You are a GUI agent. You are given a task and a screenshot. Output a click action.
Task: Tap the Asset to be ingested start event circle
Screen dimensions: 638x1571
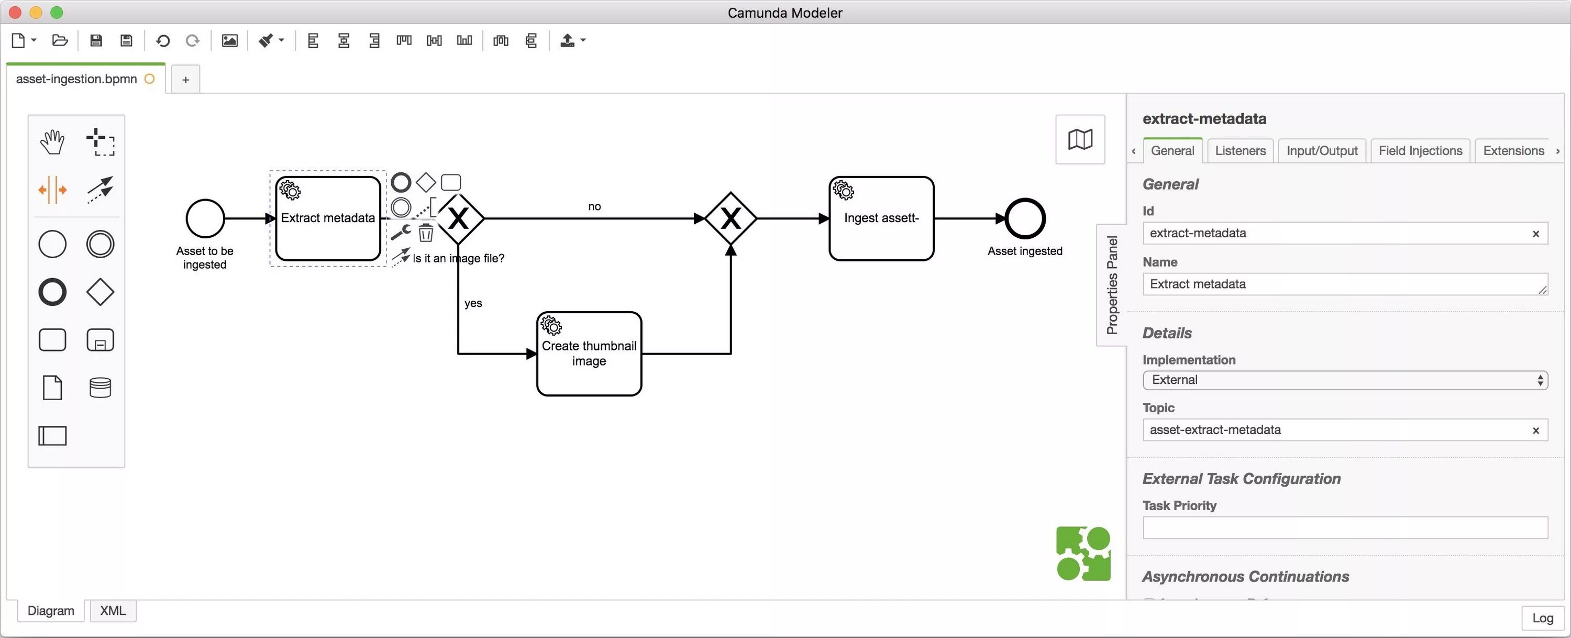click(205, 218)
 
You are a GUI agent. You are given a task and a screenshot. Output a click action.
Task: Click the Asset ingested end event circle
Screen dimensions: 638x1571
click(1025, 218)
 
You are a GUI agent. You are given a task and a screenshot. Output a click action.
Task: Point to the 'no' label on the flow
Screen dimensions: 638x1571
click(594, 207)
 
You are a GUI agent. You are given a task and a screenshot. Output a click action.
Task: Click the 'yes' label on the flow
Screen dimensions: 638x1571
click(473, 303)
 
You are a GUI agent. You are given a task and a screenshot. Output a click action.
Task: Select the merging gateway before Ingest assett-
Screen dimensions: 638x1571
click(730, 218)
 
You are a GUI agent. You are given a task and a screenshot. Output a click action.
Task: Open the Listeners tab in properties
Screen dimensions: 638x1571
click(1240, 151)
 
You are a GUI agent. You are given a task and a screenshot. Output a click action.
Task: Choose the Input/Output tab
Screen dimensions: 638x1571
click(1322, 151)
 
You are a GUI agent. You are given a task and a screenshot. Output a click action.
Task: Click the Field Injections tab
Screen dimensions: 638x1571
click(1420, 151)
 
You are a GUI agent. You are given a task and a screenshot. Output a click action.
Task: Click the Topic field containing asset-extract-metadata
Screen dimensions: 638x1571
click(1335, 430)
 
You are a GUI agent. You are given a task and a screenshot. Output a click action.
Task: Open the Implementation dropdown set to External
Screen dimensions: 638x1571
click(1344, 380)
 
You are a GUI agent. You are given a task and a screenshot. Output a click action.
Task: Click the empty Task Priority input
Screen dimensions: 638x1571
click(1344, 527)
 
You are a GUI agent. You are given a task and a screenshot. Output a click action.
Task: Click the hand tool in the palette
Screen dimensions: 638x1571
click(52, 142)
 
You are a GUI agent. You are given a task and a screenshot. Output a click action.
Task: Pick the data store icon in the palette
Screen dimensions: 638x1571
click(100, 387)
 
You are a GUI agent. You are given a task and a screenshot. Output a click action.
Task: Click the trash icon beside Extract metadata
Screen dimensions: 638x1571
click(426, 233)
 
